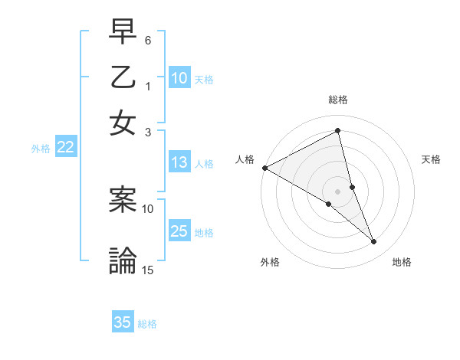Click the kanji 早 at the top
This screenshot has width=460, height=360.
point(123,32)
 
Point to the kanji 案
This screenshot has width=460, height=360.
point(123,199)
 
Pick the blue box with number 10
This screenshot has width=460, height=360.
point(179,78)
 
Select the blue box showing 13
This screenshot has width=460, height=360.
point(179,162)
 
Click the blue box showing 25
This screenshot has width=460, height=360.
point(179,231)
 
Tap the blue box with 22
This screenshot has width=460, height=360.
point(65,148)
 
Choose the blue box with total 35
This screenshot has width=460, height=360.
point(123,322)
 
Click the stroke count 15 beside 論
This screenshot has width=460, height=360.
point(148,270)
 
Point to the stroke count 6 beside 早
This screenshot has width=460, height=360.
point(148,38)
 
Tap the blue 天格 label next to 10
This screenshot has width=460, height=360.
point(204,79)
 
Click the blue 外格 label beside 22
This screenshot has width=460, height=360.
point(41,149)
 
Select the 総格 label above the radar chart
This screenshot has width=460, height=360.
point(338,100)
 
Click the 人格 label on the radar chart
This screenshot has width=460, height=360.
point(245,159)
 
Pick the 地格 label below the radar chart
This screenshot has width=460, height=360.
point(402,263)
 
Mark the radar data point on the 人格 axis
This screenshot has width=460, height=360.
point(264,168)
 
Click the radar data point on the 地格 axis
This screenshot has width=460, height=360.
point(374,242)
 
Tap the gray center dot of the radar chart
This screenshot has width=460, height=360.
point(338,191)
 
